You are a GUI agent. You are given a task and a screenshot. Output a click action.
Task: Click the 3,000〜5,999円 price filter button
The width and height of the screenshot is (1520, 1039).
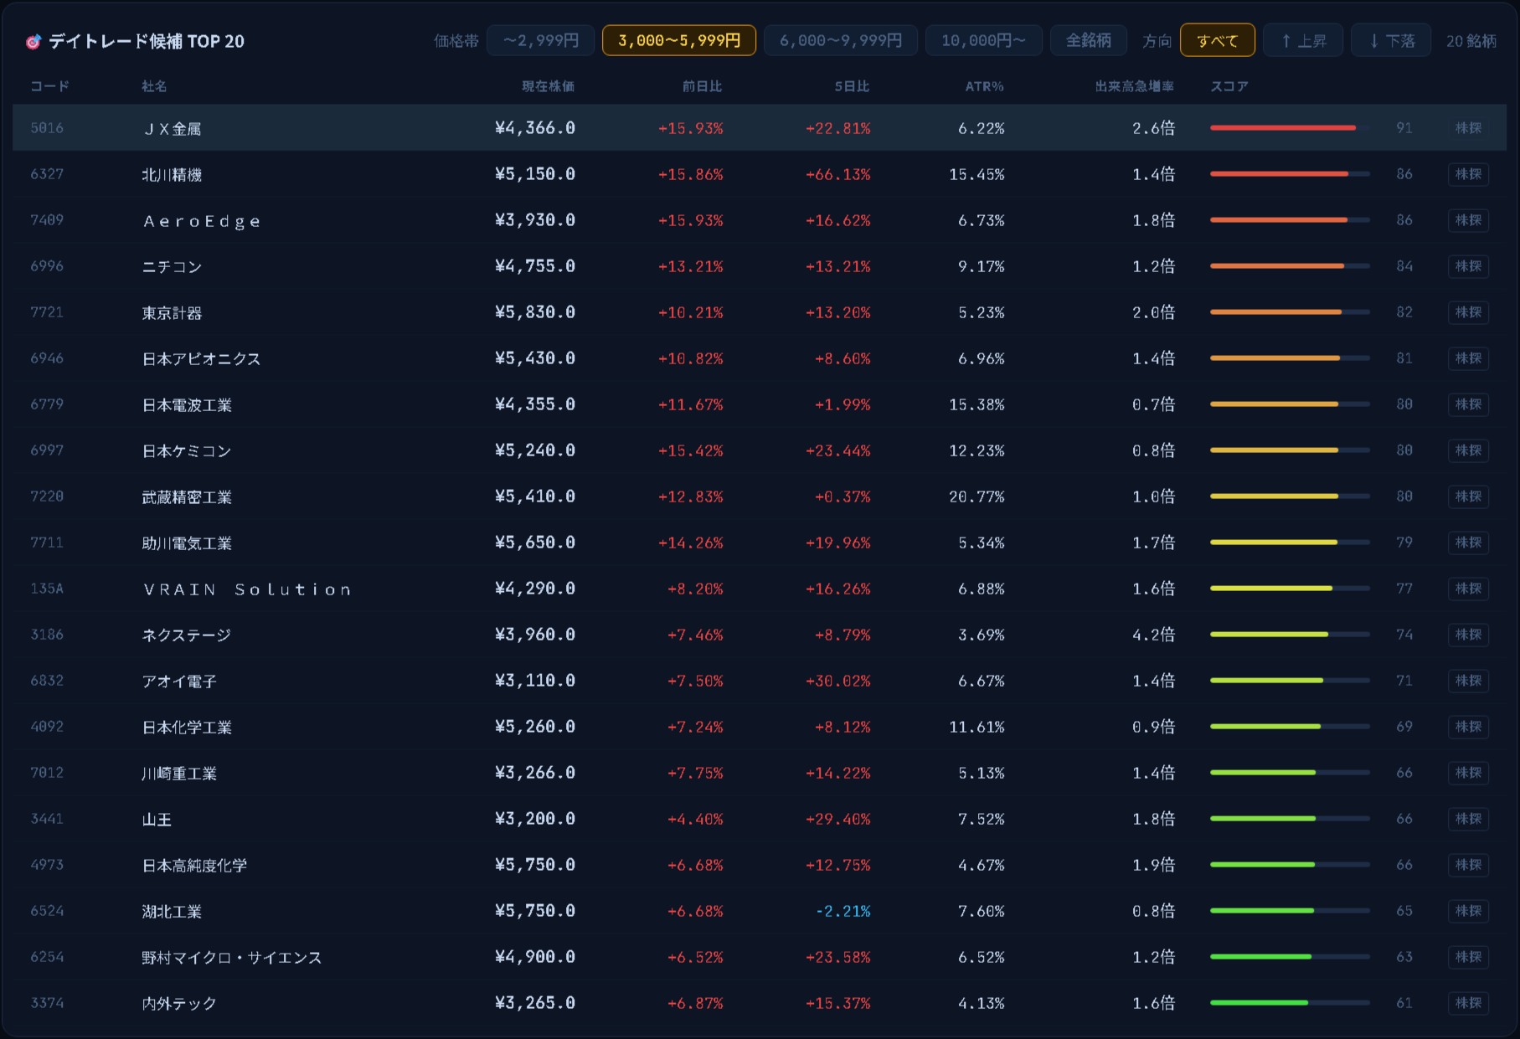pos(678,40)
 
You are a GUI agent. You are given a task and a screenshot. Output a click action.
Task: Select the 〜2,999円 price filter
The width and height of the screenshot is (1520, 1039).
pos(540,40)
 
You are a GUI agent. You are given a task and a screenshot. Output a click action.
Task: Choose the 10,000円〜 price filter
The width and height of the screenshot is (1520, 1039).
pos(983,40)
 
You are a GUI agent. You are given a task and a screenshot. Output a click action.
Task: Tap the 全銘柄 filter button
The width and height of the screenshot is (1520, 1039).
pos(1088,40)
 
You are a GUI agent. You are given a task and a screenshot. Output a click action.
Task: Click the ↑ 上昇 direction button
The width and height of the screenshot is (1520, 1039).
pos(1303,40)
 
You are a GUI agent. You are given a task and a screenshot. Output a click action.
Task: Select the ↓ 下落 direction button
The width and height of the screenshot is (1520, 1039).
pos(1391,40)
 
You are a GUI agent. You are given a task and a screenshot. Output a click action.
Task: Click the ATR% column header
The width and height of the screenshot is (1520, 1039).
pos(984,86)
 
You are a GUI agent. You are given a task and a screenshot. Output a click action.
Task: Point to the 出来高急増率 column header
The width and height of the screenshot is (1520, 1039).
pos(1134,86)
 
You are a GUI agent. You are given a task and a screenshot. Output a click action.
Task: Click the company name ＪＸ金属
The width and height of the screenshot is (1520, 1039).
pos(172,128)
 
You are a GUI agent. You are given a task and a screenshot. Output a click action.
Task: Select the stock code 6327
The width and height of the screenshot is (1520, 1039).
pos(47,174)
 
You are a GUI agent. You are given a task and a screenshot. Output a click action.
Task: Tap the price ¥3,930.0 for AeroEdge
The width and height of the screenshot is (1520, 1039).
pos(534,220)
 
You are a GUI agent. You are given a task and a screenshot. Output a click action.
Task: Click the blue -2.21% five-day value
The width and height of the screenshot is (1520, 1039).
pos(842,911)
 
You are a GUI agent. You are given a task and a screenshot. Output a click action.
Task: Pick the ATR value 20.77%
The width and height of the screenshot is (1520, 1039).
pos(976,496)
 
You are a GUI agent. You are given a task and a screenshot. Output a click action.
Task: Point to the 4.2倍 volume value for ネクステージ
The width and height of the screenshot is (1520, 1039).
pos(1153,635)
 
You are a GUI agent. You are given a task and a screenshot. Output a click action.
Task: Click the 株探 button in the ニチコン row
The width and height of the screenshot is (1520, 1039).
pos(1468,266)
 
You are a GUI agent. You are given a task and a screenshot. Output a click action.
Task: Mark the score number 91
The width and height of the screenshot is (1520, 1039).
pos(1404,128)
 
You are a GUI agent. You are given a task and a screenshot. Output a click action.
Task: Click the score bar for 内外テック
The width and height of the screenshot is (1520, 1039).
pos(1290,1002)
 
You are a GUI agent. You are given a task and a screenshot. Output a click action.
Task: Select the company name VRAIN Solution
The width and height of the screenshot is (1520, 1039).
pos(247,589)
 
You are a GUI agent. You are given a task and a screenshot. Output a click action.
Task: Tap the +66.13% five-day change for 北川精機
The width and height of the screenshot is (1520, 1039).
pos(837,174)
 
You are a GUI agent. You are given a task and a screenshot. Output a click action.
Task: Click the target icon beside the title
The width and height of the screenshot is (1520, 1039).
pos(33,41)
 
